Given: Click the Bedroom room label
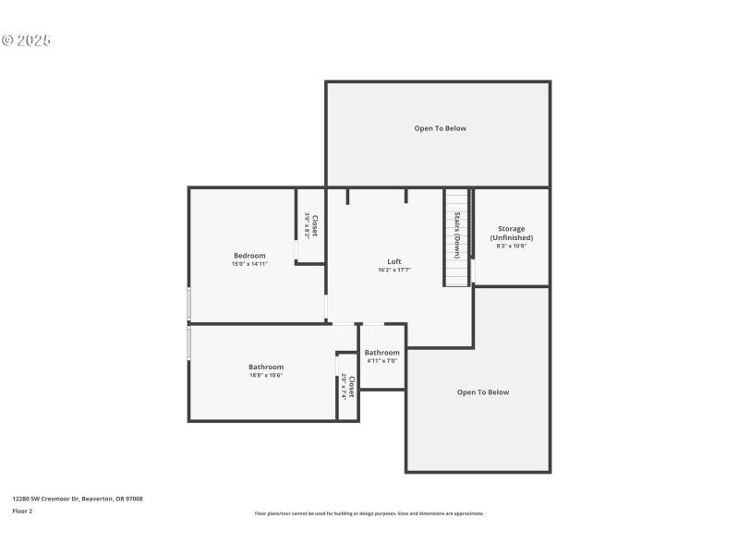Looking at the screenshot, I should [249, 256].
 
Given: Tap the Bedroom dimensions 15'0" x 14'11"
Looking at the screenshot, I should [249, 264].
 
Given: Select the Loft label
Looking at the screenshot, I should [394, 261].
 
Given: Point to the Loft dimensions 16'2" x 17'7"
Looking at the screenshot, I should [394, 270].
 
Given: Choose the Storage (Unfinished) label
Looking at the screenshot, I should [512, 233].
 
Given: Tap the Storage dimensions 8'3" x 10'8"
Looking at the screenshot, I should [512, 246].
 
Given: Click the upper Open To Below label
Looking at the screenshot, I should [440, 128].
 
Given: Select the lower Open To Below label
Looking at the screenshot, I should [483, 392].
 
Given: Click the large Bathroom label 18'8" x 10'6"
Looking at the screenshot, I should [266, 367].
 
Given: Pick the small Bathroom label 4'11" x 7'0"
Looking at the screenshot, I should [382, 353].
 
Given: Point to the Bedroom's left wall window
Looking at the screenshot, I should [189, 304].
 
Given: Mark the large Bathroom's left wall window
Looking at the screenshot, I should [189, 343].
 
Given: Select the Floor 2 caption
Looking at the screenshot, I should [22, 511].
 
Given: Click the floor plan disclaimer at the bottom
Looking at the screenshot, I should [369, 513].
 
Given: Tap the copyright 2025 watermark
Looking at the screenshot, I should [26, 41].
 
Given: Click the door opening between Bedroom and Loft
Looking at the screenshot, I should [326, 307].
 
